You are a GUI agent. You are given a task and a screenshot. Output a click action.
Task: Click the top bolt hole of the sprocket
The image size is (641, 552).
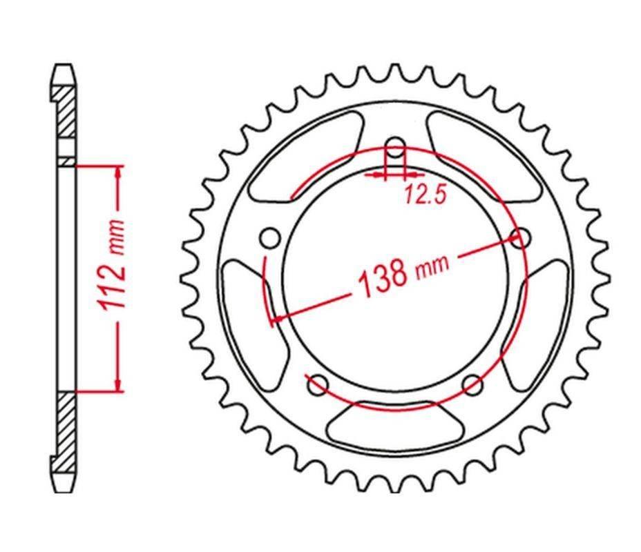[394, 147]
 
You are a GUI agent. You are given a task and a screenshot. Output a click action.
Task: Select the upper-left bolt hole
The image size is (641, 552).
[271, 239]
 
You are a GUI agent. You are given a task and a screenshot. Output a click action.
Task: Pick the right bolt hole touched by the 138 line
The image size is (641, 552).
[519, 238]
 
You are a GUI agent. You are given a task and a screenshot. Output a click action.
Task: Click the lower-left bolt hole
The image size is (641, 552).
[318, 385]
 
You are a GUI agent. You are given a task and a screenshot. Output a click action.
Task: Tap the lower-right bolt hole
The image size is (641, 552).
[472, 384]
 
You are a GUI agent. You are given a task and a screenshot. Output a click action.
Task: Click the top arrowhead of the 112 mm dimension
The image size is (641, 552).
[118, 172]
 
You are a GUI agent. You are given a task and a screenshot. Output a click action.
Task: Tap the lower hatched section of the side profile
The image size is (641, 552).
[64, 428]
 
